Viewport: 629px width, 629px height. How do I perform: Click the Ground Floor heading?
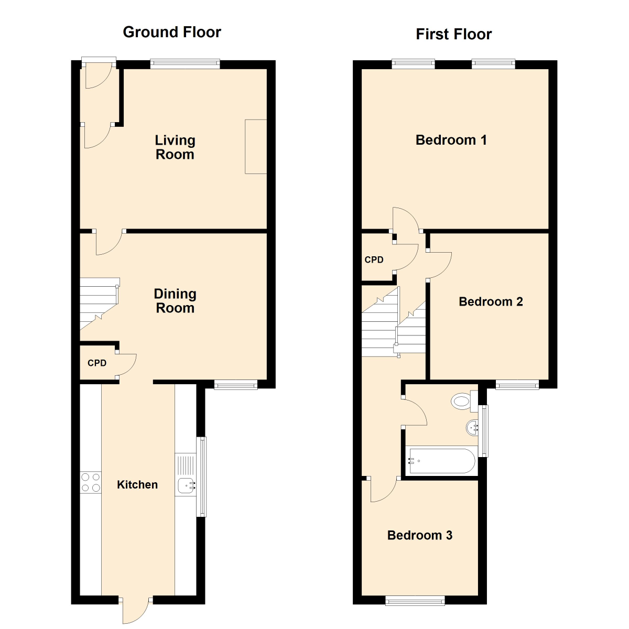pyautogui.click(x=172, y=32)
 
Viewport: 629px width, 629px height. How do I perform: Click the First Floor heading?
pyautogui.click(x=453, y=35)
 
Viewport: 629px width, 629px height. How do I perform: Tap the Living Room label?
pyautogui.click(x=175, y=147)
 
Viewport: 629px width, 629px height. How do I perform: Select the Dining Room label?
pyautogui.click(x=175, y=301)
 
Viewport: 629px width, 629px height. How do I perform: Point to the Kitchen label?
pyautogui.click(x=137, y=485)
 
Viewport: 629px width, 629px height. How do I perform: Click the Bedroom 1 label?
pyautogui.click(x=451, y=140)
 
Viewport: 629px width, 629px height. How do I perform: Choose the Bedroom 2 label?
pyautogui.click(x=491, y=302)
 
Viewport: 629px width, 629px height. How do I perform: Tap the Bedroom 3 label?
pyautogui.click(x=419, y=535)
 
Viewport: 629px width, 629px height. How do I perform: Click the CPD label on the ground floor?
pyautogui.click(x=97, y=363)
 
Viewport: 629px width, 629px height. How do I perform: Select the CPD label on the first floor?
pyautogui.click(x=374, y=260)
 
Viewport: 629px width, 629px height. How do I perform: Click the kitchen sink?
pyautogui.click(x=186, y=485)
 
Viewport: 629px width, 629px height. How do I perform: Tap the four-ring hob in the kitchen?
pyautogui.click(x=90, y=482)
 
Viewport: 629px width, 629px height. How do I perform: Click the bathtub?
pyautogui.click(x=441, y=461)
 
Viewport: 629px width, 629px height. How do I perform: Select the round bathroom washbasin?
pyautogui.click(x=472, y=428)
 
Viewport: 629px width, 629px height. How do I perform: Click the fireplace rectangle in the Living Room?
pyautogui.click(x=256, y=146)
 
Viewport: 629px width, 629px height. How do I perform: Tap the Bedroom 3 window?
pyautogui.click(x=415, y=600)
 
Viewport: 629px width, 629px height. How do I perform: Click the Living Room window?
pyautogui.click(x=185, y=64)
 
